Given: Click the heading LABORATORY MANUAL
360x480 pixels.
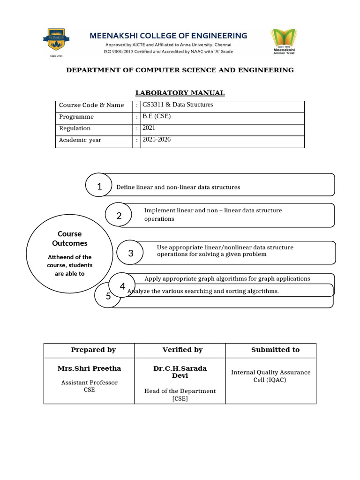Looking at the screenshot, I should pyautogui.click(x=180, y=93).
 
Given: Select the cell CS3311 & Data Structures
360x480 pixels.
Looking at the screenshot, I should pyautogui.click(x=178, y=105).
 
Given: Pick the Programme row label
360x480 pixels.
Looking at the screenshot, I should pyautogui.click(x=76, y=117).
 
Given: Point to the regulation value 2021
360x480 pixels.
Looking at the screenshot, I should pyautogui.click(x=149, y=127).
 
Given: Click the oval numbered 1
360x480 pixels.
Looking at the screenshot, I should pyautogui.click(x=99, y=186).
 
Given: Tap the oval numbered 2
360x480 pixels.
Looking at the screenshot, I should pyautogui.click(x=119, y=216).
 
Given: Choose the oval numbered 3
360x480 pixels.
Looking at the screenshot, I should pyautogui.click(x=131, y=254).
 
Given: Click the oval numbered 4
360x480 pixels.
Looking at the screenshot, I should pyautogui.click(x=122, y=286).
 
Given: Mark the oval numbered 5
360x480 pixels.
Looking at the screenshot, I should pyautogui.click(x=108, y=296).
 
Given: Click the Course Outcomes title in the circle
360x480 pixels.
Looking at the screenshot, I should pyautogui.click(x=70, y=239).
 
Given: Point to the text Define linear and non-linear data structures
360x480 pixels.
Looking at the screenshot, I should pyautogui.click(x=178, y=187).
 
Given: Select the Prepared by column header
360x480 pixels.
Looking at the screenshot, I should pyautogui.click(x=93, y=350).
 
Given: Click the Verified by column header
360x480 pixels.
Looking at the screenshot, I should pyautogui.click(x=182, y=350).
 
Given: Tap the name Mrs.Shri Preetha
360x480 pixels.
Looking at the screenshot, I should pyautogui.click(x=89, y=368).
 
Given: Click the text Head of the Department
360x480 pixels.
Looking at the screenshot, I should pyautogui.click(x=180, y=391).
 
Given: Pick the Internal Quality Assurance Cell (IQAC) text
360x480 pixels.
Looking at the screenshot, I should pyautogui.click(x=270, y=376).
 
